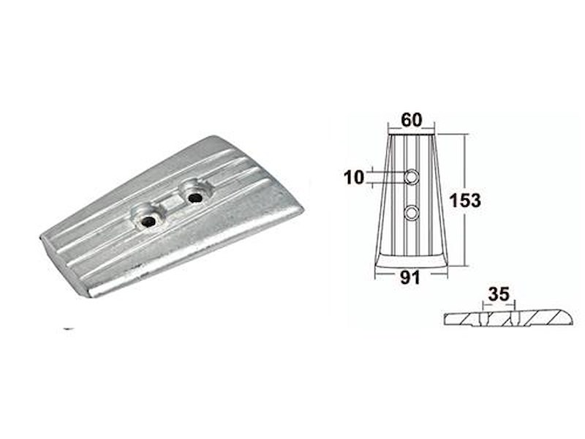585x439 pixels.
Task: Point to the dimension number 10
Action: (355, 176)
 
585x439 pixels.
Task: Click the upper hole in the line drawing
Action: (412, 176)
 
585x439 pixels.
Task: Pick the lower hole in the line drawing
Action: (412, 212)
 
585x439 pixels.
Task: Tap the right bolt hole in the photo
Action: (194, 197)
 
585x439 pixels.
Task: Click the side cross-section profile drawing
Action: (505, 318)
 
